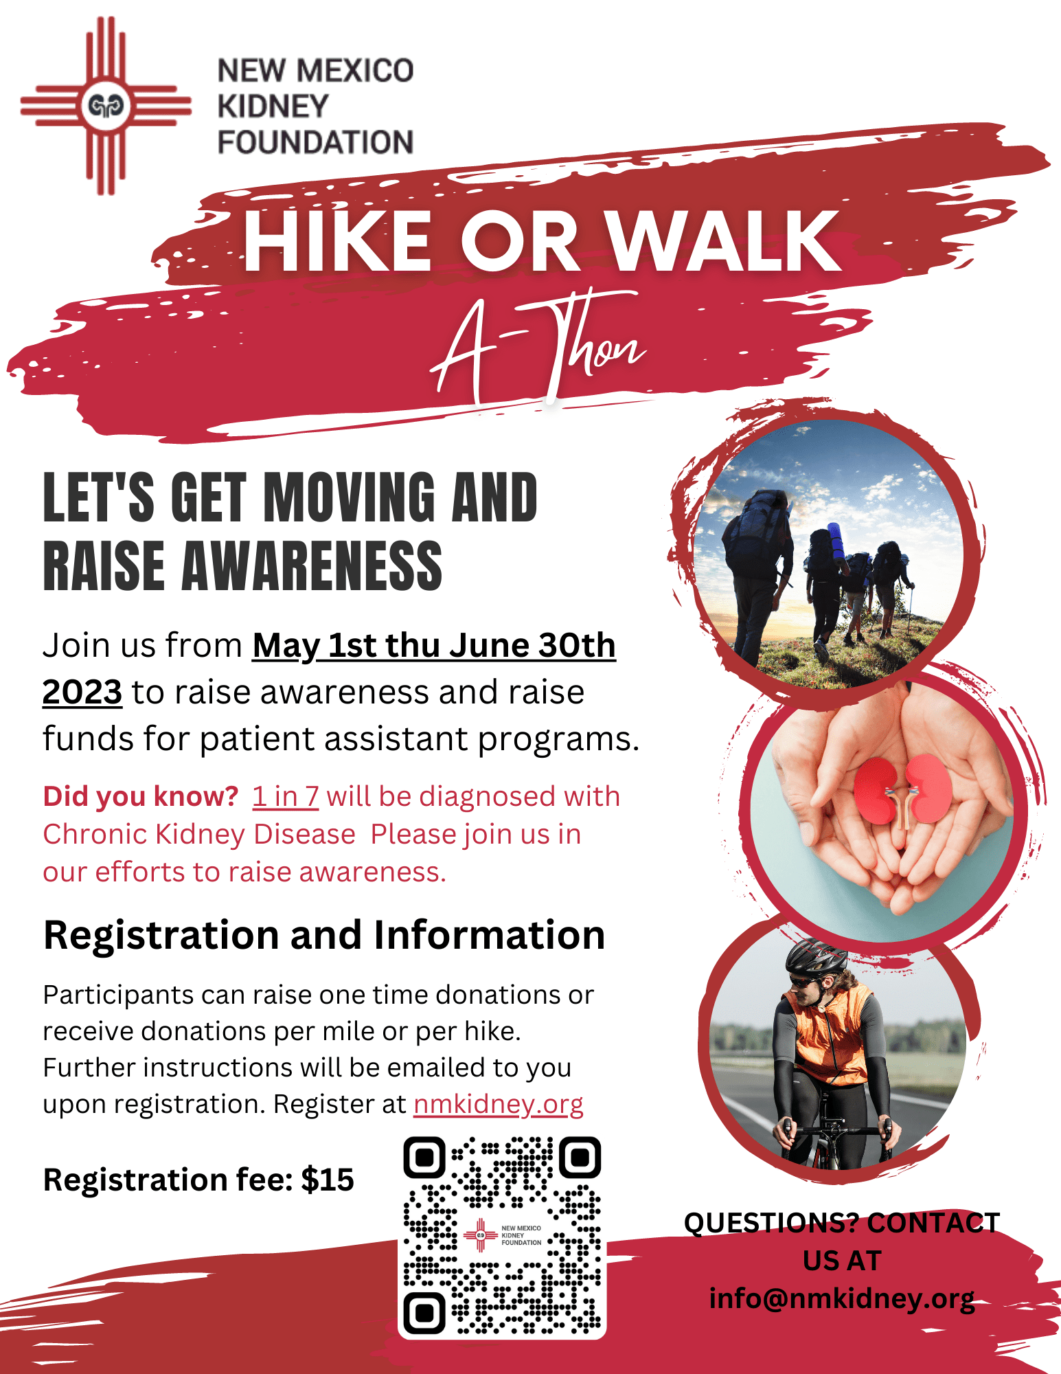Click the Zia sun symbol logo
pos(106,106)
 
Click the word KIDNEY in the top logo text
pos(273,106)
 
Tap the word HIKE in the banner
pos(336,241)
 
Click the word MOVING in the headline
pos(350,497)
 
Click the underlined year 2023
pos(82,692)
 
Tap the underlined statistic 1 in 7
pos(285,796)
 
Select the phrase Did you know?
pos(140,796)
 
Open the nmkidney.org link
pos(498,1104)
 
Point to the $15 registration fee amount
pos(328,1180)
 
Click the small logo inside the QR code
pos(502,1236)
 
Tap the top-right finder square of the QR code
pos(580,1157)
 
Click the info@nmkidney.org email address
pos(842,1298)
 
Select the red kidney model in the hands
pos(902,789)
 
